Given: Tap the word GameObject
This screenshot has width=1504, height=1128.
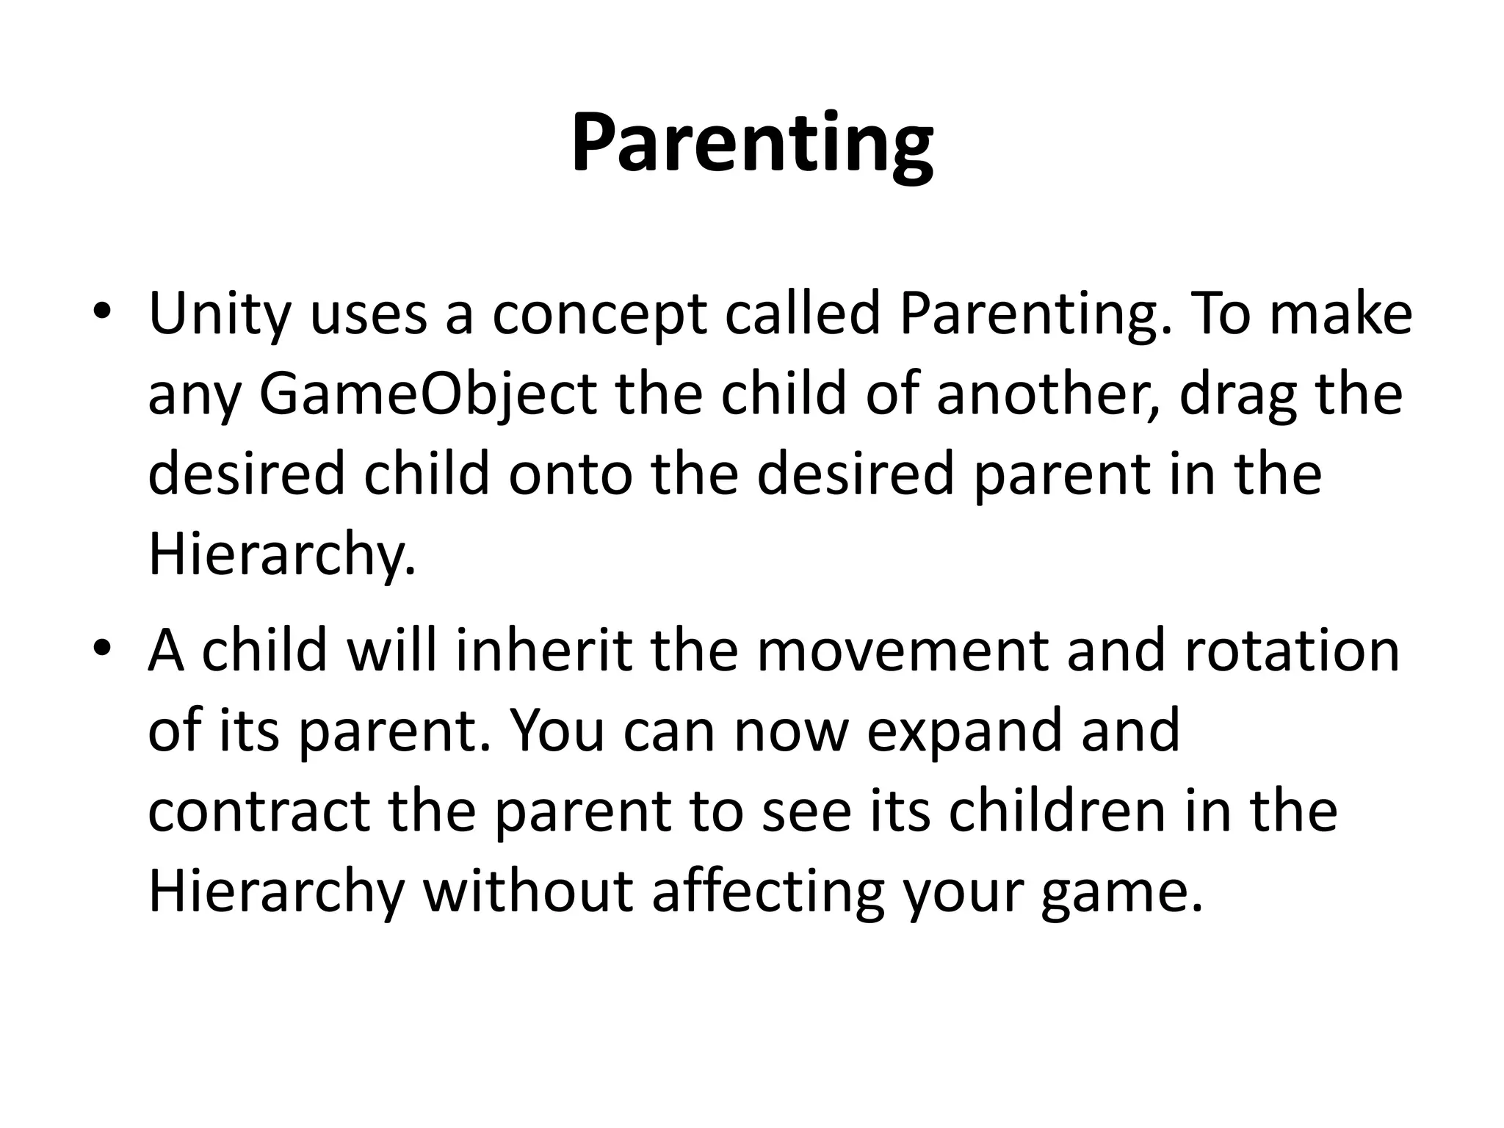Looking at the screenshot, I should coord(428,394).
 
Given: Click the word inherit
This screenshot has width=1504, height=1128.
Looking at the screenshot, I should coord(544,651).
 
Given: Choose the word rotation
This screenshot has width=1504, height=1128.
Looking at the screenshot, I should coord(1292,651).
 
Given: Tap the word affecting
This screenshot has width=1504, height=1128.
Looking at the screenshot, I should coord(768,893).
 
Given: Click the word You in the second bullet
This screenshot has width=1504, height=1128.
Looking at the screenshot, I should coord(557,731).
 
